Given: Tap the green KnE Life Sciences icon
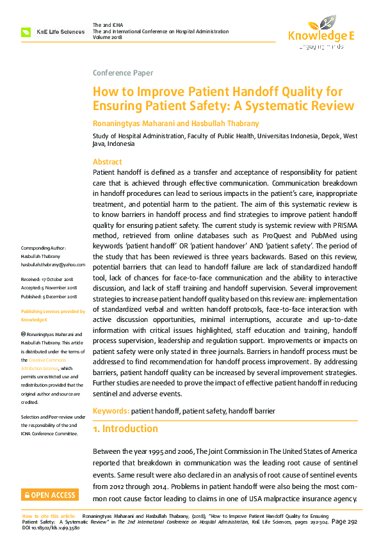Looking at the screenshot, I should click(26, 32).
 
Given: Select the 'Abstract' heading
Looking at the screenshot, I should click(107, 162).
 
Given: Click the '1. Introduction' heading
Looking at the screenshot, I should click(126, 428).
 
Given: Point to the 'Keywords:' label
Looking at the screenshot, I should click(111, 410).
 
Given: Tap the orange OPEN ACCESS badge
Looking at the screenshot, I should click(49, 495).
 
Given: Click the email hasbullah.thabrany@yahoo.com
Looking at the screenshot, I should click(53, 264).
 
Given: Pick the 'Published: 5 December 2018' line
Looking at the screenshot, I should click(49, 296).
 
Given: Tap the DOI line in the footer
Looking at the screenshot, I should click(51, 527).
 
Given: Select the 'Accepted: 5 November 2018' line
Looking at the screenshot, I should click(49, 287).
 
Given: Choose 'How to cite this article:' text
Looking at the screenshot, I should click(49, 515).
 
